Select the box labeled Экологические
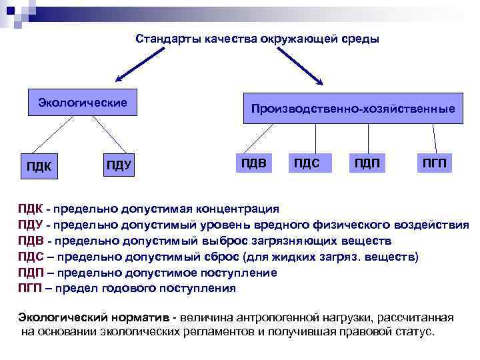coord(82,103)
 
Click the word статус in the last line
coord(409,331)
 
